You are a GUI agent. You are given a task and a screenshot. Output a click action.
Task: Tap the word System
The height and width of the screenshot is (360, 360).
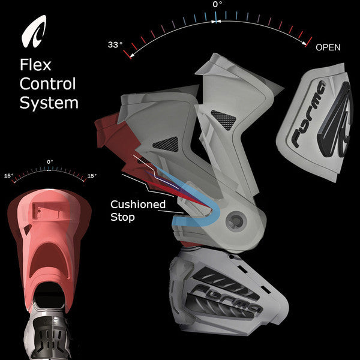click(49, 103)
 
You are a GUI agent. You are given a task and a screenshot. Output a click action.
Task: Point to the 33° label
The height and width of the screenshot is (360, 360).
click(115, 45)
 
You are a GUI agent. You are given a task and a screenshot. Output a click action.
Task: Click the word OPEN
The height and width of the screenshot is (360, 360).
click(328, 46)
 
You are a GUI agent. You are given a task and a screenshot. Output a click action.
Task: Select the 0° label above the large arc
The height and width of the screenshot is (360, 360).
click(217, 5)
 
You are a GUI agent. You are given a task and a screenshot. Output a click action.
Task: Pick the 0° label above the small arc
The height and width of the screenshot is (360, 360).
click(50, 161)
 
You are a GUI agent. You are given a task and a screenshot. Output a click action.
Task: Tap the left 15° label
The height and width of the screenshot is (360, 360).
click(8, 176)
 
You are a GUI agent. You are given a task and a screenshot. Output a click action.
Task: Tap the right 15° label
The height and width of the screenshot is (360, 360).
click(92, 176)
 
